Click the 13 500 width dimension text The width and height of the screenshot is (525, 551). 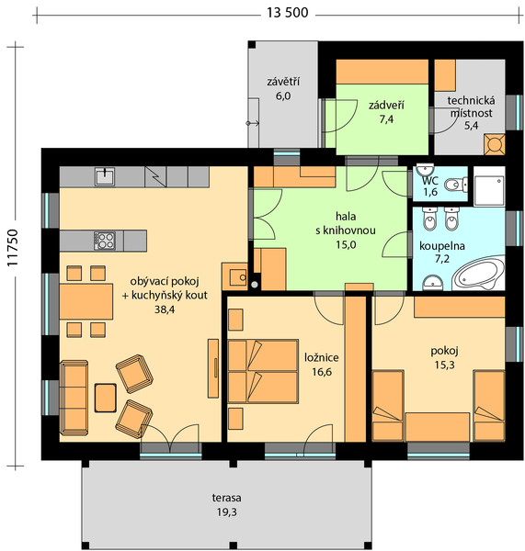[x=287, y=13]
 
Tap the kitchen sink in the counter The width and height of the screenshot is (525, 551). [x=105, y=176]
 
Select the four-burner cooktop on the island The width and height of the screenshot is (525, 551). [x=105, y=241]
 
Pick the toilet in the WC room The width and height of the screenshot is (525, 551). [x=456, y=184]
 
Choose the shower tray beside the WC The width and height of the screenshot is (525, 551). [x=489, y=186]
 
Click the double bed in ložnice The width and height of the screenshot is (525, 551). [x=263, y=371]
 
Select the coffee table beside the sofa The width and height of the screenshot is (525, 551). [x=106, y=398]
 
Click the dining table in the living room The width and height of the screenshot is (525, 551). [x=86, y=301]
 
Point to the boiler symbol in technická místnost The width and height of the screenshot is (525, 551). [x=495, y=144]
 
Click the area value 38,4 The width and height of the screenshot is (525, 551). [x=165, y=309]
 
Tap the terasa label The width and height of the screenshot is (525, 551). [x=226, y=498]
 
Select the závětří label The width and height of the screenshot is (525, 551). [x=283, y=82]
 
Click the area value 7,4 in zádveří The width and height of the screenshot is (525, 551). [x=386, y=119]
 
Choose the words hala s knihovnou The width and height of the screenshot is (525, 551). [x=346, y=223]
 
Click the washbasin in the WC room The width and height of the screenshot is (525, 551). [x=425, y=169]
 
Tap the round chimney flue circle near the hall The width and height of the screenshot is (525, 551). [x=255, y=285]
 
